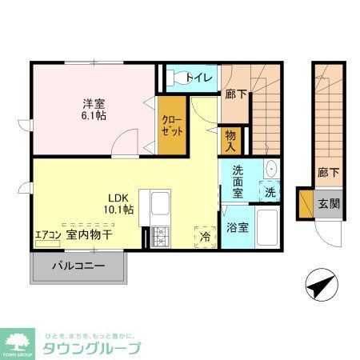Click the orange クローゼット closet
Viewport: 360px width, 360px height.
171,126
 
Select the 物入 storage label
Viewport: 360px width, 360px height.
230,142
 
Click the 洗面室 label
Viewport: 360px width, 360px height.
238,177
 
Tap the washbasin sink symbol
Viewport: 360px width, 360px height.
270,170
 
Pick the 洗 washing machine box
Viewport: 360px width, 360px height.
270,192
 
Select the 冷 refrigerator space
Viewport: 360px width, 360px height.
205,236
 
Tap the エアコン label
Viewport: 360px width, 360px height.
47,235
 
